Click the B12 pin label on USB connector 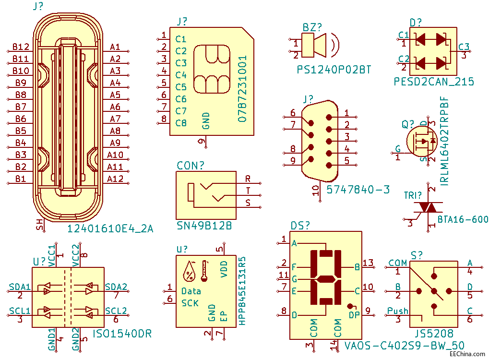tap(21, 47)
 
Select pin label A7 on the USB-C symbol tap(115, 119)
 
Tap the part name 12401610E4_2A tap(110, 228)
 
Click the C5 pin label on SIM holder tap(181, 87)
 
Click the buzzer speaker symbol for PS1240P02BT tap(319, 45)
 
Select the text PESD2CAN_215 tap(433, 82)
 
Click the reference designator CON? tap(190, 166)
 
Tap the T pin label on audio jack tap(248, 191)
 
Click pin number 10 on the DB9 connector tap(316, 191)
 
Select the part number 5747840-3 tap(358, 190)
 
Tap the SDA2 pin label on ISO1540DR tap(116, 287)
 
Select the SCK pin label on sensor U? tap(190, 303)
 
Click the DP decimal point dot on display tap(350, 306)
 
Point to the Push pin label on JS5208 tap(397, 311)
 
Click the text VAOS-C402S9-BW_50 tap(404, 345)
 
